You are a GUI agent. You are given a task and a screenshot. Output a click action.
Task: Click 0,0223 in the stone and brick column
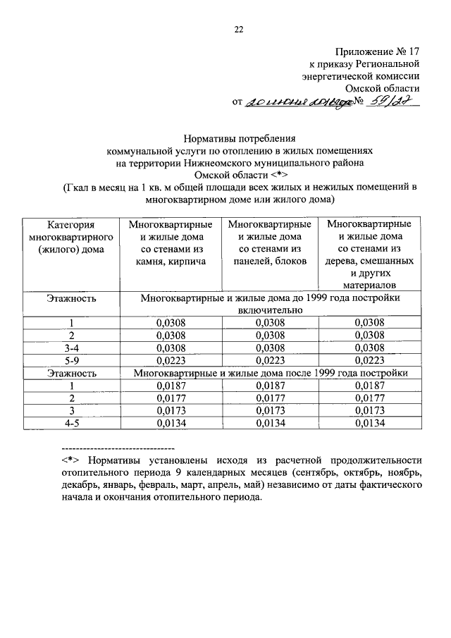(171, 359)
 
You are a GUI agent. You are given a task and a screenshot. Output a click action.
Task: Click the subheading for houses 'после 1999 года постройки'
(271, 372)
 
